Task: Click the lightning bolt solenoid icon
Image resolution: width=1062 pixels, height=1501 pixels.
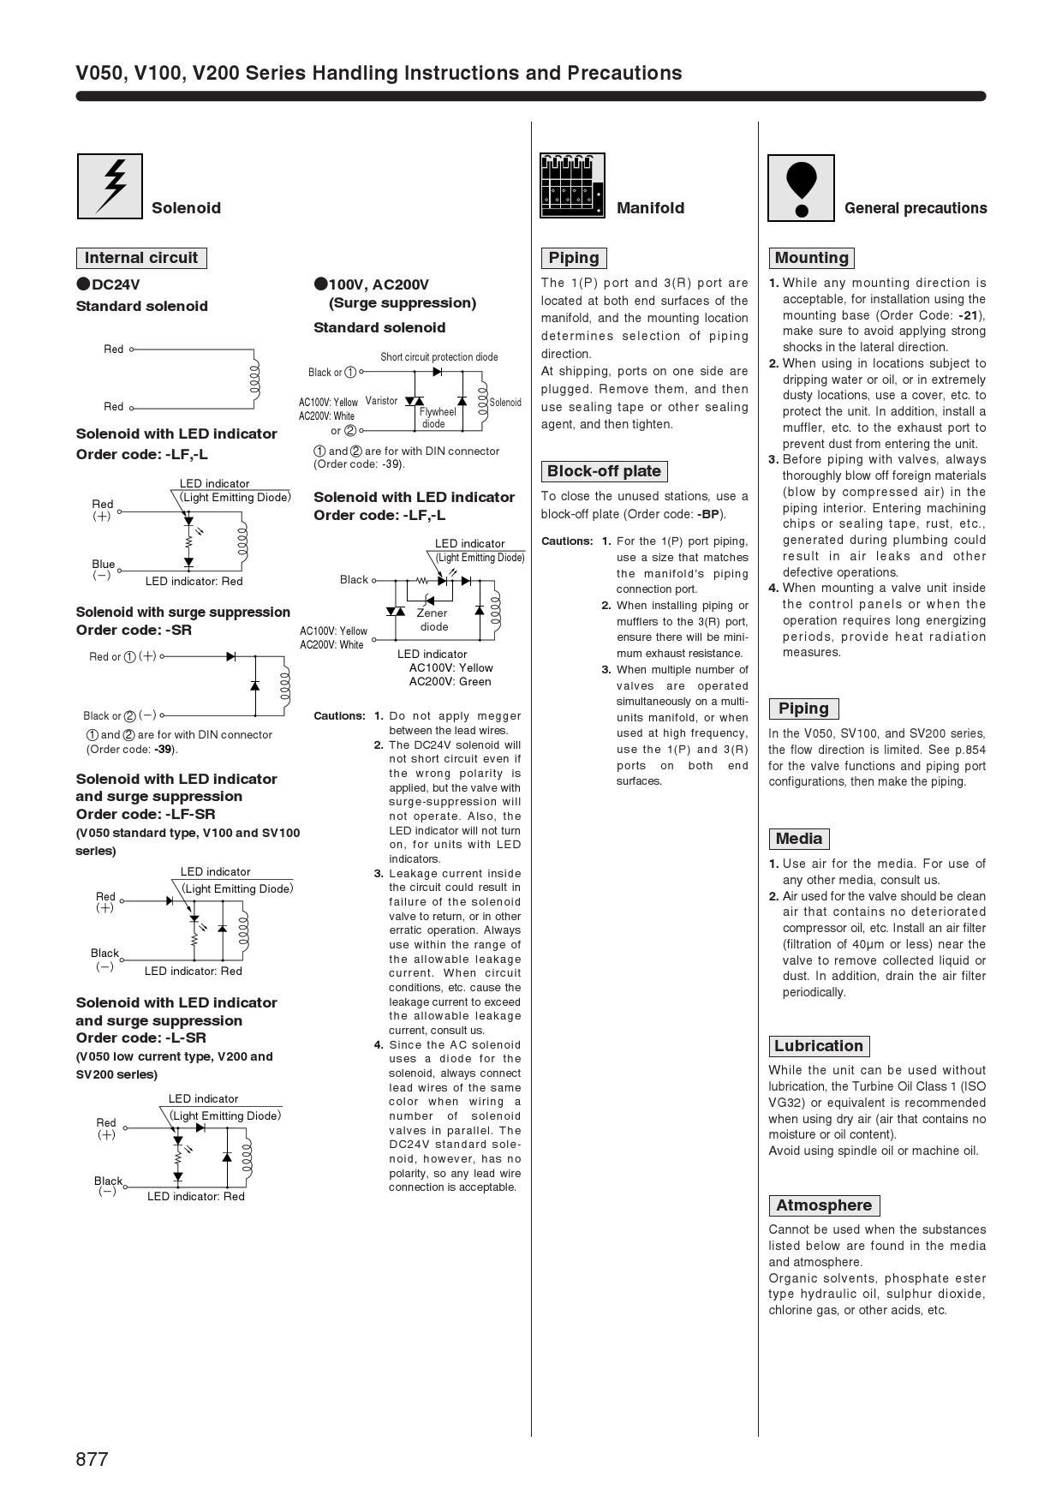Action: tap(110, 186)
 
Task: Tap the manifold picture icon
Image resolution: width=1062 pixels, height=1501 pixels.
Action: tap(572, 186)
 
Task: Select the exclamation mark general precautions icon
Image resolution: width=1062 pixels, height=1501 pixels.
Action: tap(801, 188)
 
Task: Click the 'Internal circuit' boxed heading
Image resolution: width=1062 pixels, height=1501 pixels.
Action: tap(141, 258)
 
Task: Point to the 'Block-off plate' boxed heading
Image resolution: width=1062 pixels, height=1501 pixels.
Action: tap(604, 471)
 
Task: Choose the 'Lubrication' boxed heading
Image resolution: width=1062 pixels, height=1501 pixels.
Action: tap(818, 1046)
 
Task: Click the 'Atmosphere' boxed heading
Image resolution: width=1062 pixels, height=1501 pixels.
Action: tap(824, 1205)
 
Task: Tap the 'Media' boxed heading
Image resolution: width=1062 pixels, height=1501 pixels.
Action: tap(799, 839)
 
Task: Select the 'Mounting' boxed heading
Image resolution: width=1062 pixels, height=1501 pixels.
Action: tap(811, 258)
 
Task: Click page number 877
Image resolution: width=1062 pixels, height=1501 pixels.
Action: tap(92, 1459)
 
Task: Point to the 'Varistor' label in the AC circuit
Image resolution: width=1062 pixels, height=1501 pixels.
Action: tap(381, 401)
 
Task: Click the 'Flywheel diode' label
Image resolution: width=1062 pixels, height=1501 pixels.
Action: tap(437, 418)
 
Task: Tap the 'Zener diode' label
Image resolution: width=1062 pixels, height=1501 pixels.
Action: tap(433, 619)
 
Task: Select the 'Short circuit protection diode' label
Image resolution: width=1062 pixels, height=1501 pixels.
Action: tap(439, 357)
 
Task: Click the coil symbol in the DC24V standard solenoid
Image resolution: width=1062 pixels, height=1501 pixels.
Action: tap(254, 378)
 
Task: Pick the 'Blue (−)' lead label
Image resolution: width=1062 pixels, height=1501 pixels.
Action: tap(103, 569)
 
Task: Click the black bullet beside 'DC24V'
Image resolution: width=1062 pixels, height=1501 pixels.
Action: tap(83, 284)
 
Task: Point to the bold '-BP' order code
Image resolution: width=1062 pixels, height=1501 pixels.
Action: tap(708, 514)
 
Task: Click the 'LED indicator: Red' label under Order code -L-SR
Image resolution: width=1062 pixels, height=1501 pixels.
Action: tap(195, 1197)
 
